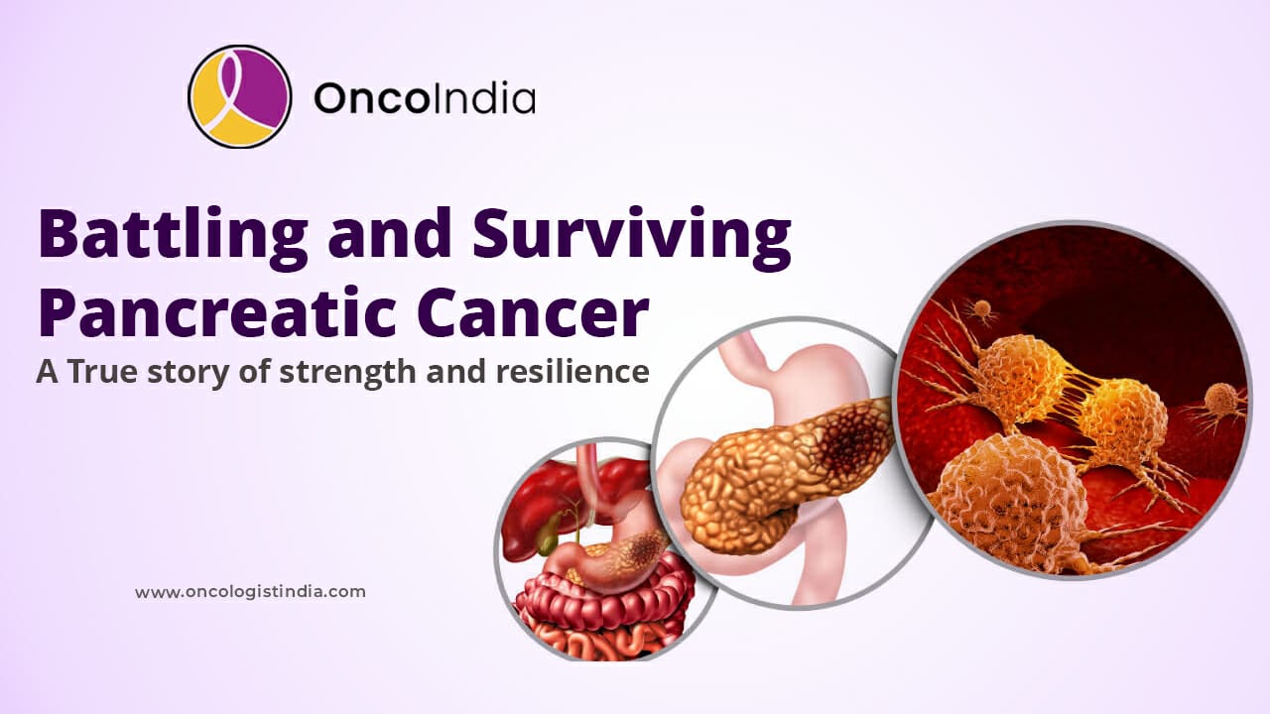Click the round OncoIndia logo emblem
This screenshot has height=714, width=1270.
tap(240, 96)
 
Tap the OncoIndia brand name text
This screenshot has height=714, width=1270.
tap(425, 98)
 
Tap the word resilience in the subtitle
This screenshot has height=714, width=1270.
tap(572, 371)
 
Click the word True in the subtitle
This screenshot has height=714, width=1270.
tap(102, 372)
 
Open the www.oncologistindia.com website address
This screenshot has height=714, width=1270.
tap(250, 592)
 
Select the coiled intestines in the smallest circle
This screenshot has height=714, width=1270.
tap(604, 615)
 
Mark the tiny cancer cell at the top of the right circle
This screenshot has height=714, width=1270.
tap(981, 310)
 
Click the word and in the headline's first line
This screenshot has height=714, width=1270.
tap(390, 233)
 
